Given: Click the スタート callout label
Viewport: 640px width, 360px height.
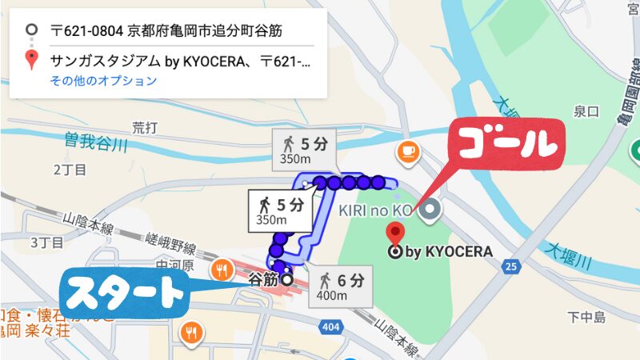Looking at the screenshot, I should point(123,294).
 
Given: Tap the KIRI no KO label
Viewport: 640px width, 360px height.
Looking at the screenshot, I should point(374,210).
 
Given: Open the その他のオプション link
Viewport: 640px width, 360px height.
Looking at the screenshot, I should point(103,81).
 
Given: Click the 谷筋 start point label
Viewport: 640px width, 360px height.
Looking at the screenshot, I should point(263,280).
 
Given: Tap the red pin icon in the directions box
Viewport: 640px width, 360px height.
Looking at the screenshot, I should point(31,60).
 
